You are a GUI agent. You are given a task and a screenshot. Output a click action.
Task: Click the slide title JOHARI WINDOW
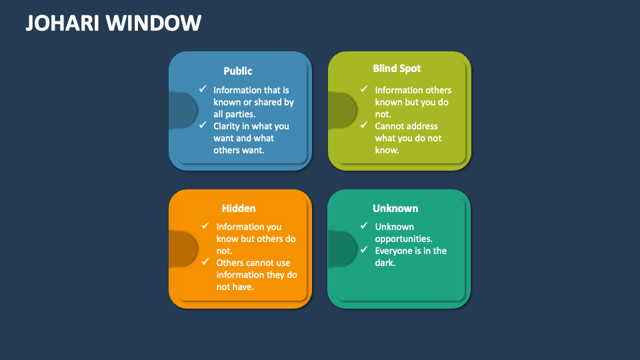pos(113,23)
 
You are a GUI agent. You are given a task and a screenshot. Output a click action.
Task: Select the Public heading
pos(237,71)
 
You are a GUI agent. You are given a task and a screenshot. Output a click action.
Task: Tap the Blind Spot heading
pos(397,69)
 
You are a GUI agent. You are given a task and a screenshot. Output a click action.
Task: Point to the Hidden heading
pos(239,208)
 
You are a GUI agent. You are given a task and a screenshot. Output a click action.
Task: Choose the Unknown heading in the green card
pos(395,208)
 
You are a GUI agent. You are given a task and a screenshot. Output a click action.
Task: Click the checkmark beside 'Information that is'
pos(203,89)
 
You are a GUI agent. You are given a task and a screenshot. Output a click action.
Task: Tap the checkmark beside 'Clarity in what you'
pos(203,125)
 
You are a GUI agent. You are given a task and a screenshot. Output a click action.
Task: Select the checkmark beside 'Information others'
pos(364,89)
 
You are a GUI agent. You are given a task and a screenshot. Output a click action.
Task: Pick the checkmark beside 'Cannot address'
pos(364,125)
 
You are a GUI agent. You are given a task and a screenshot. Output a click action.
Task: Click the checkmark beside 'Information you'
pos(205,225)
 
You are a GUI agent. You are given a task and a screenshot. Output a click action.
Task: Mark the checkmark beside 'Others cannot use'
pos(205,261)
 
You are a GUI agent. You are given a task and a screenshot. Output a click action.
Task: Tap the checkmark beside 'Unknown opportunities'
pos(364,225)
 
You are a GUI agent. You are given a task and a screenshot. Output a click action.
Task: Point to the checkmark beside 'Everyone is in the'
pos(364,249)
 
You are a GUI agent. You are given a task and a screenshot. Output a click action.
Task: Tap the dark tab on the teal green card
pos(342,249)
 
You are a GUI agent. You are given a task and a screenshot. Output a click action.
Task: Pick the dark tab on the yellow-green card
pos(343,110)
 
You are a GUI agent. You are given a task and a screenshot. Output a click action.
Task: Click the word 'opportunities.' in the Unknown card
pos(404,239)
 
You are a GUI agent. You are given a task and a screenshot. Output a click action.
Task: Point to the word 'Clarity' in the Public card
pos(227,127)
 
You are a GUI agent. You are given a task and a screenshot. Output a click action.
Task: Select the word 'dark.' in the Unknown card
pos(385,263)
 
